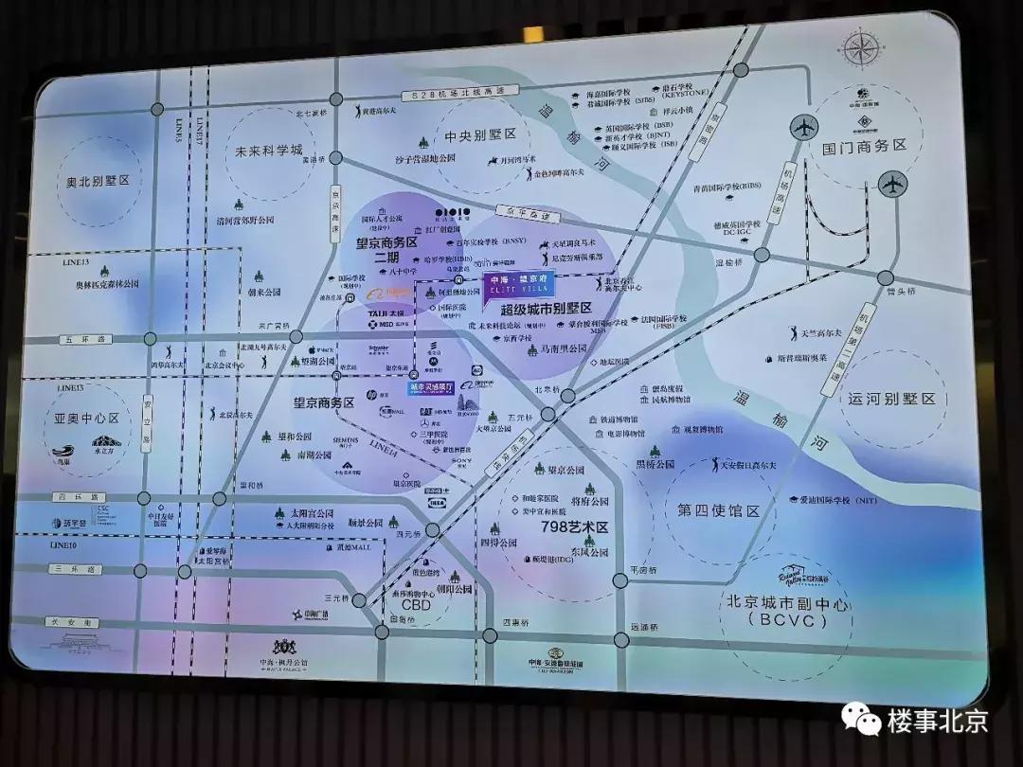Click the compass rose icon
(x=861, y=50)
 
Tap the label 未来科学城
(x=268, y=151)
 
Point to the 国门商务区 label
(x=864, y=146)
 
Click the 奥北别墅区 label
(x=97, y=180)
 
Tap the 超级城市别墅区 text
(x=547, y=309)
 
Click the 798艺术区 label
(x=573, y=526)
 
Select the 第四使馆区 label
(x=719, y=510)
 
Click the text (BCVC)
(x=773, y=621)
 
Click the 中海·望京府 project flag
(x=517, y=286)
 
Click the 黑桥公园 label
(x=655, y=464)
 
